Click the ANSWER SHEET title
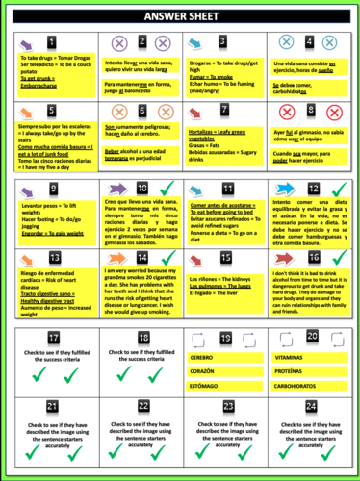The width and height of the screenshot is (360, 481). click(180, 17)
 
